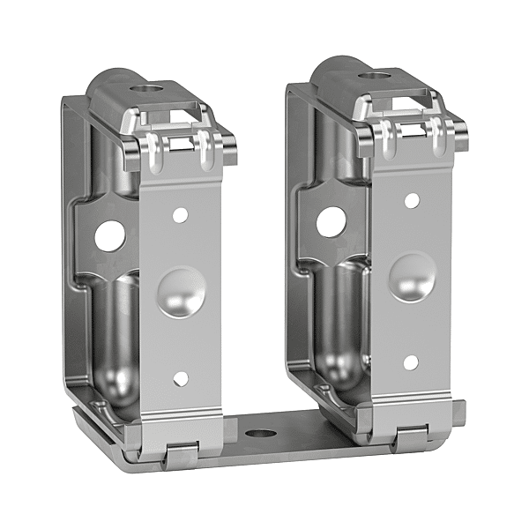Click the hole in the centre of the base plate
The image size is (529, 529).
(259, 435)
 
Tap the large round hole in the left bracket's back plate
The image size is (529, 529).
(111, 233)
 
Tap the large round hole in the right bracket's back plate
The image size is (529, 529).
(331, 221)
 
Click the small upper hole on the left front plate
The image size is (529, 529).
(180, 213)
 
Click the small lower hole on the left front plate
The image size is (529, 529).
(180, 378)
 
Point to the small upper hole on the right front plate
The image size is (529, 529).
(410, 200)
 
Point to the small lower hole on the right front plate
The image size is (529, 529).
(410, 361)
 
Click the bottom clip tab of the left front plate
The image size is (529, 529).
(179, 451)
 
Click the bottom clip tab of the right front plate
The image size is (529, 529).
(411, 436)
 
